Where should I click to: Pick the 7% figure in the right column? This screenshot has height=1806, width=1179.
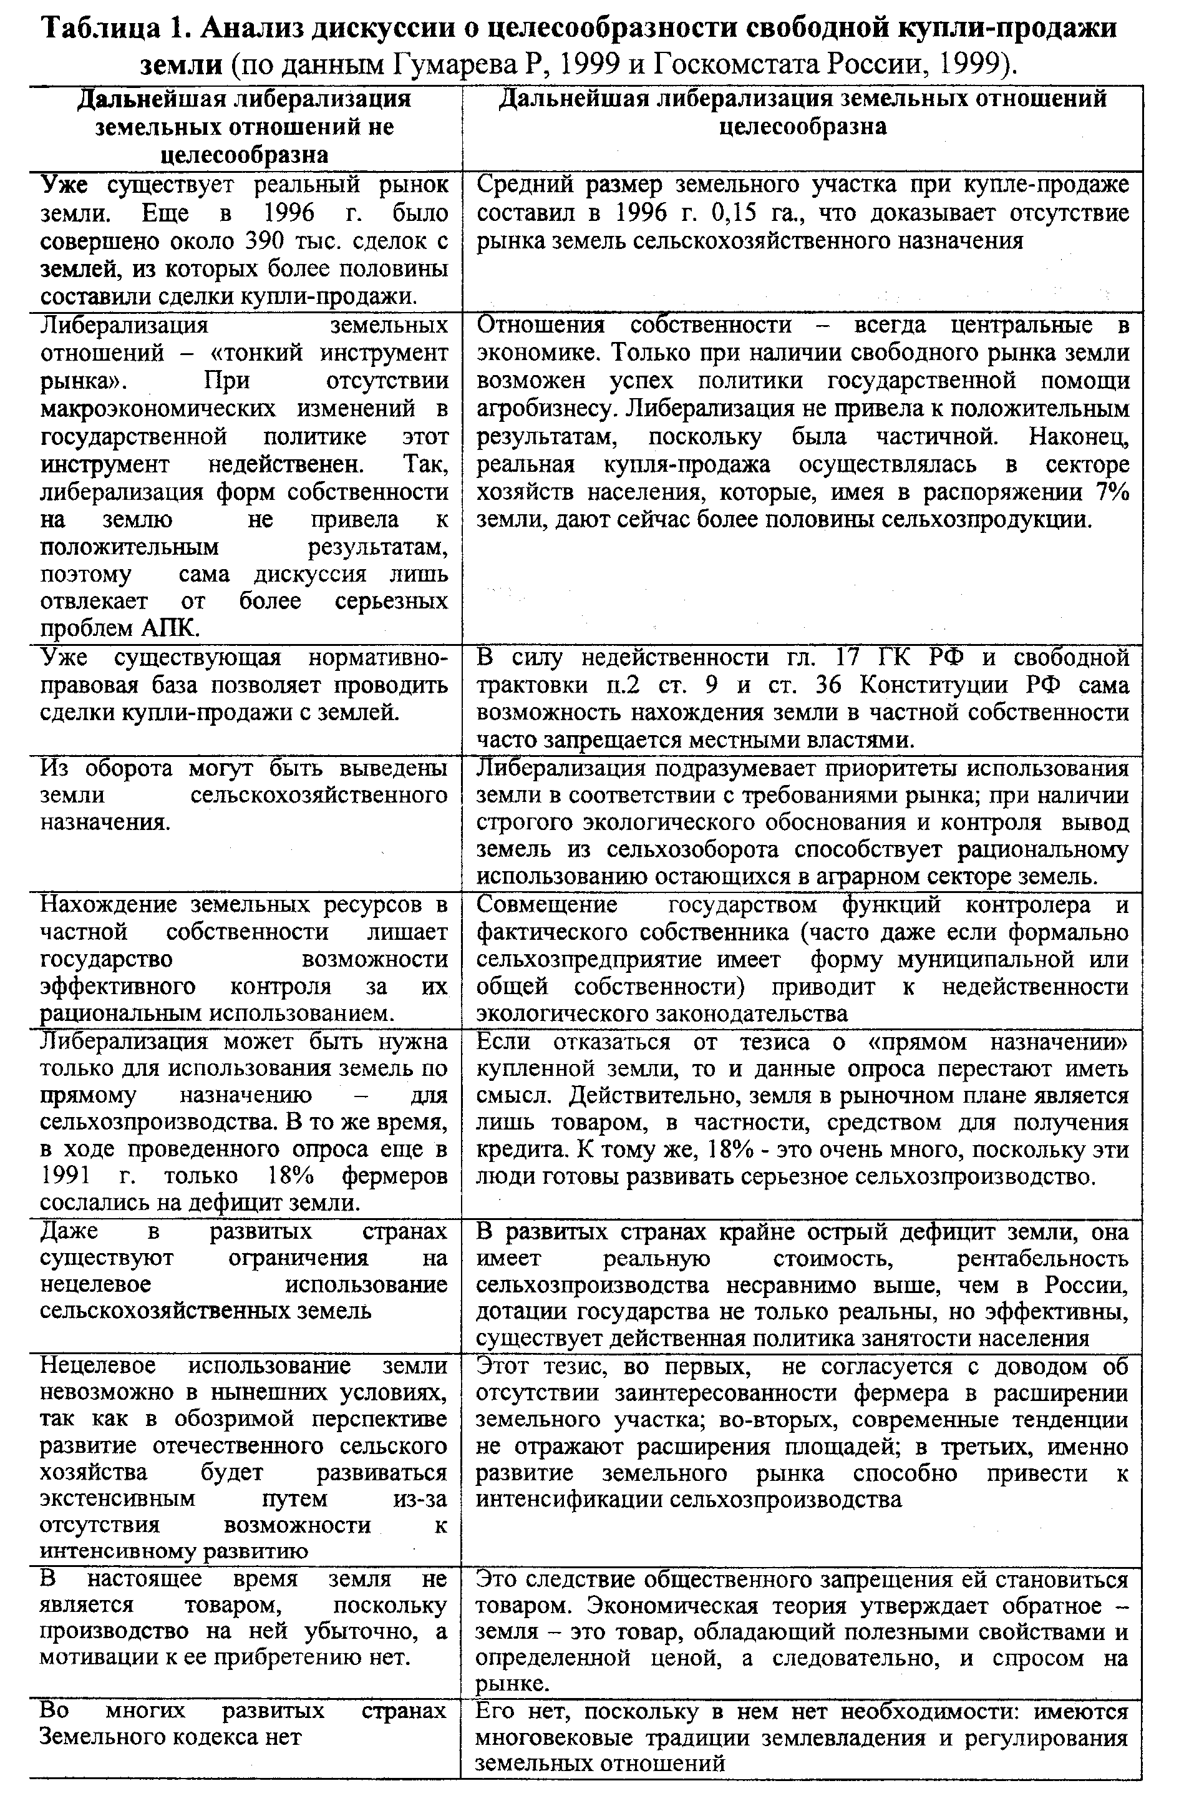point(1112,492)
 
